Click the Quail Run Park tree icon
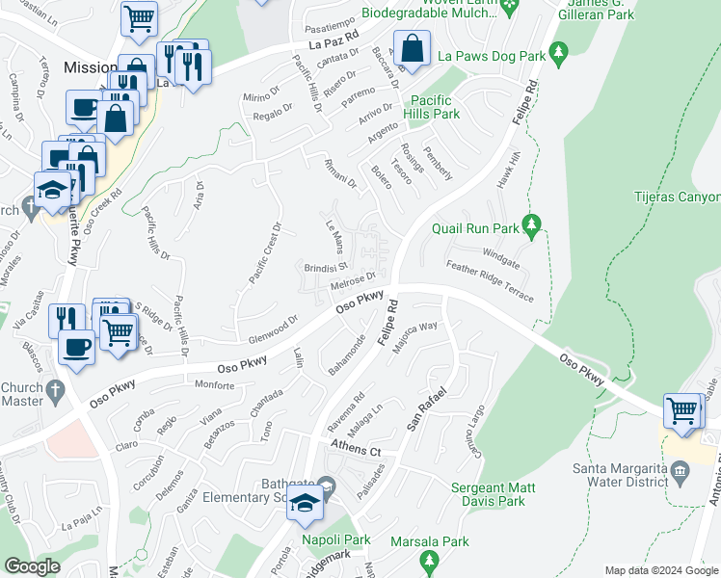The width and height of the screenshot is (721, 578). click(529, 225)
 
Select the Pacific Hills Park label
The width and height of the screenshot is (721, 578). click(434, 107)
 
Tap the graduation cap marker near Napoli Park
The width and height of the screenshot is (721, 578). click(305, 504)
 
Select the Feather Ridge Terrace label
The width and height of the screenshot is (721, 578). click(489, 280)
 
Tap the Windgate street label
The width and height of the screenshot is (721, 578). click(500, 257)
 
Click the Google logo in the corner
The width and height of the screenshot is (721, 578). click(32, 566)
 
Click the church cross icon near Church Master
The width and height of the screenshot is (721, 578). click(55, 391)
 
